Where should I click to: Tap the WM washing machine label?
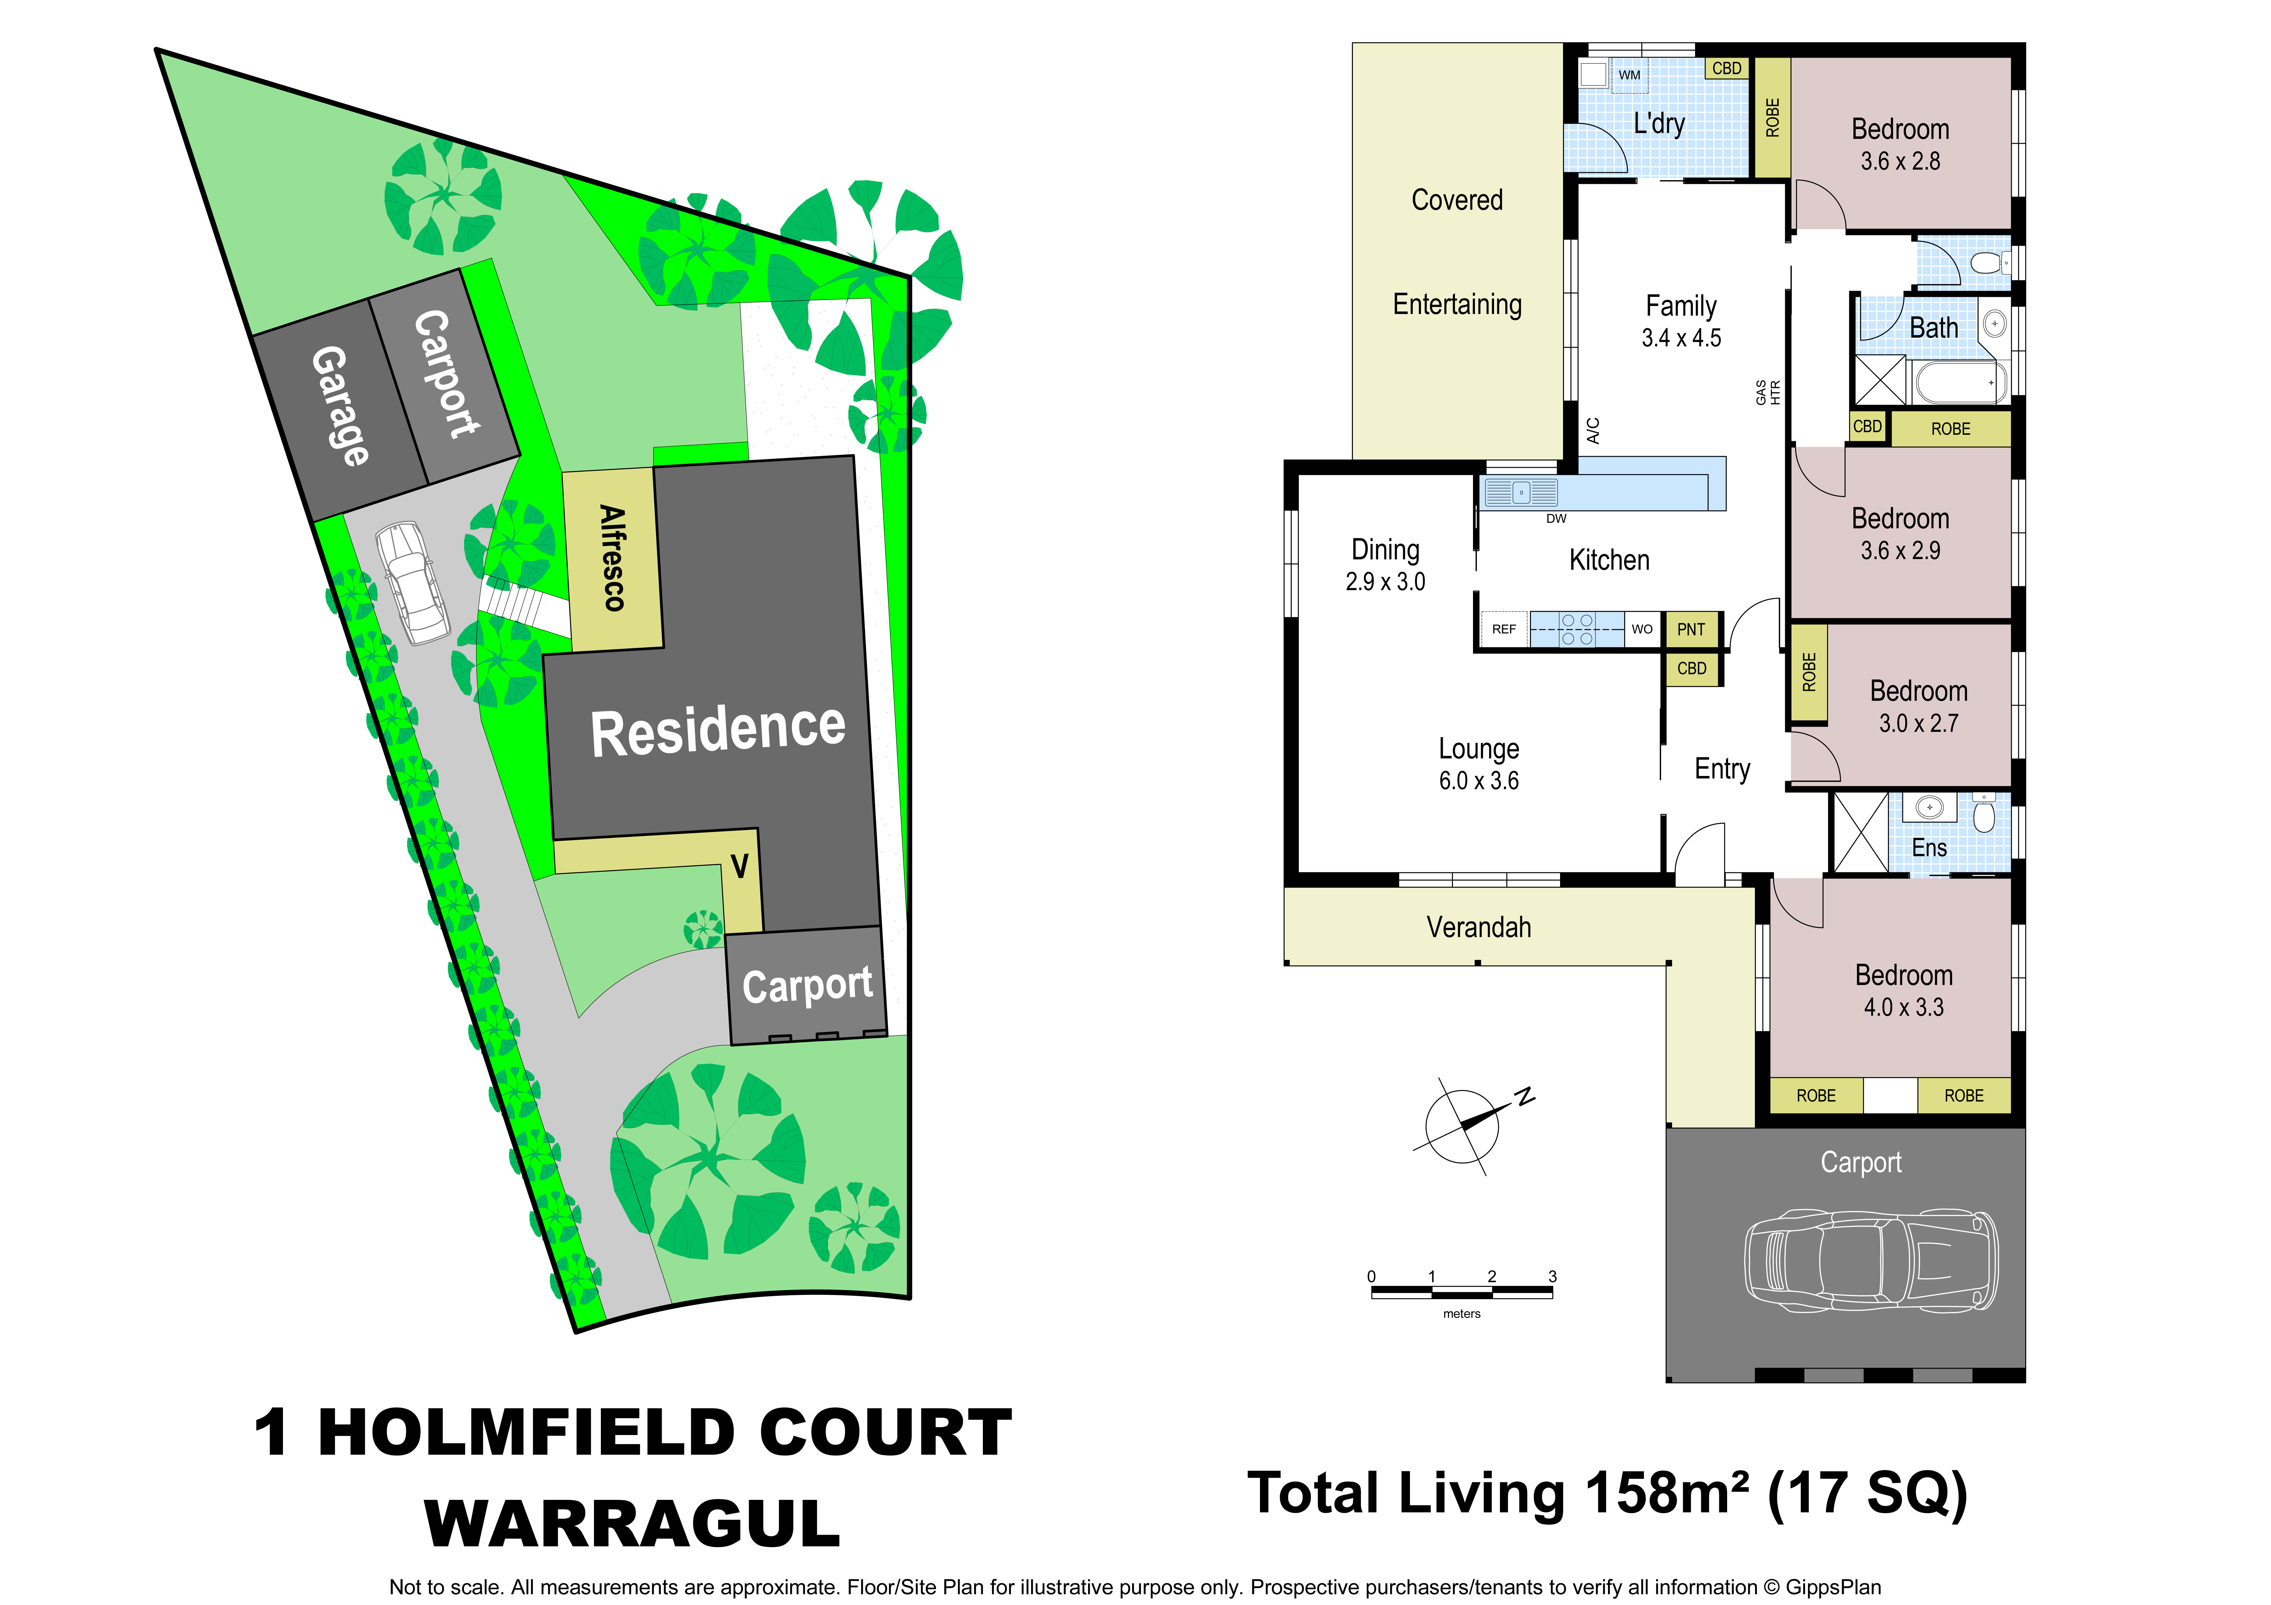(x=1629, y=75)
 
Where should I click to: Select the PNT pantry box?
(x=1692, y=629)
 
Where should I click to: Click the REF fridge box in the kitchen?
(x=1503, y=629)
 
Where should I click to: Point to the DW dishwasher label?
(x=1556, y=518)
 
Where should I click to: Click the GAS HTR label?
(x=1768, y=393)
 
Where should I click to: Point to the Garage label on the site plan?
(x=341, y=405)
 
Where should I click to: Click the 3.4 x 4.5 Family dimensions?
(x=1681, y=338)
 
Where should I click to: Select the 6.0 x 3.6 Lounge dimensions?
(x=1479, y=781)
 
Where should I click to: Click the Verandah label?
(x=1479, y=927)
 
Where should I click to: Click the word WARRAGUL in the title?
(x=633, y=1524)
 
